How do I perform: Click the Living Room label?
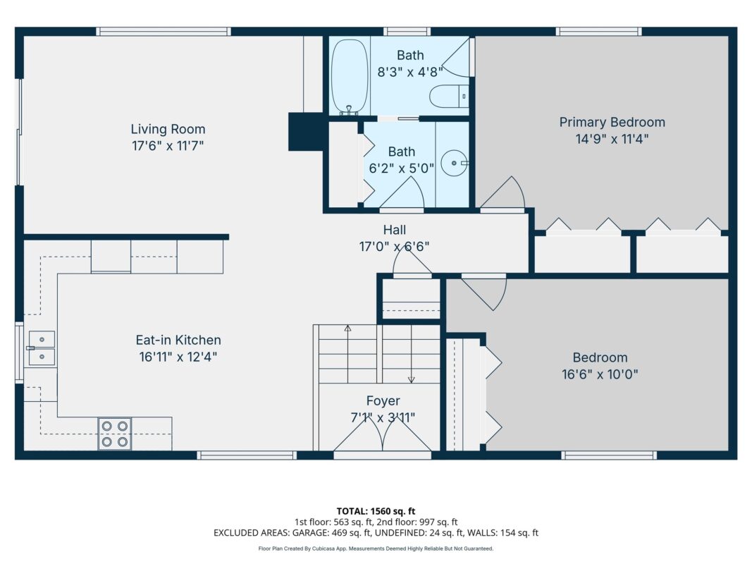tap(168, 129)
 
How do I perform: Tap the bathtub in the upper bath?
tap(350, 77)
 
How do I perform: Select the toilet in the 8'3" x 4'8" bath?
tap(449, 97)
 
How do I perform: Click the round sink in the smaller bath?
tap(454, 164)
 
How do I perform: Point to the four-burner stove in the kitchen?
tap(115, 434)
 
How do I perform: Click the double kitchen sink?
tap(42, 348)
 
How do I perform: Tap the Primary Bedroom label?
tap(612, 122)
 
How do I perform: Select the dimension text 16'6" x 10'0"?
tap(600, 374)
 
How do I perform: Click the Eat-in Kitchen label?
tap(178, 340)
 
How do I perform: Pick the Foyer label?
tap(383, 401)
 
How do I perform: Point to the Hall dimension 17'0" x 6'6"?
tap(394, 247)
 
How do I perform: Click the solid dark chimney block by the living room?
tap(305, 132)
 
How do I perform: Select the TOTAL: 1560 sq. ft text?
tap(376, 511)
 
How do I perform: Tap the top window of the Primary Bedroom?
tap(598, 31)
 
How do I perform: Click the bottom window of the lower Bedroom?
tap(609, 455)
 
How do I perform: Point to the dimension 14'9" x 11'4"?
tap(612, 139)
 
